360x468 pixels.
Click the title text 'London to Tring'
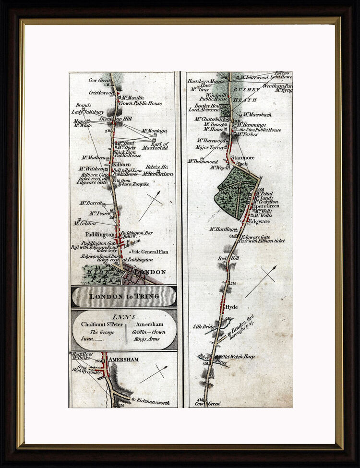coord(123,296)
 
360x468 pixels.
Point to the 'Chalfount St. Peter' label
coord(100,324)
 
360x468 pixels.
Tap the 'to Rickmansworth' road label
coord(150,402)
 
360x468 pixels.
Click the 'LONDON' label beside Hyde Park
coord(150,272)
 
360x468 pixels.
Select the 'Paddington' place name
coord(99,235)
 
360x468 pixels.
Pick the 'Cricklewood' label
coord(100,92)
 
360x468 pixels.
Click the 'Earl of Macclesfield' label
coord(155,146)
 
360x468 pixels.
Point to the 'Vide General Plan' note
coord(149,252)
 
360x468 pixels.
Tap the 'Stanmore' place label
coord(242,157)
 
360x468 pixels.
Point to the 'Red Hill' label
coord(227,258)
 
